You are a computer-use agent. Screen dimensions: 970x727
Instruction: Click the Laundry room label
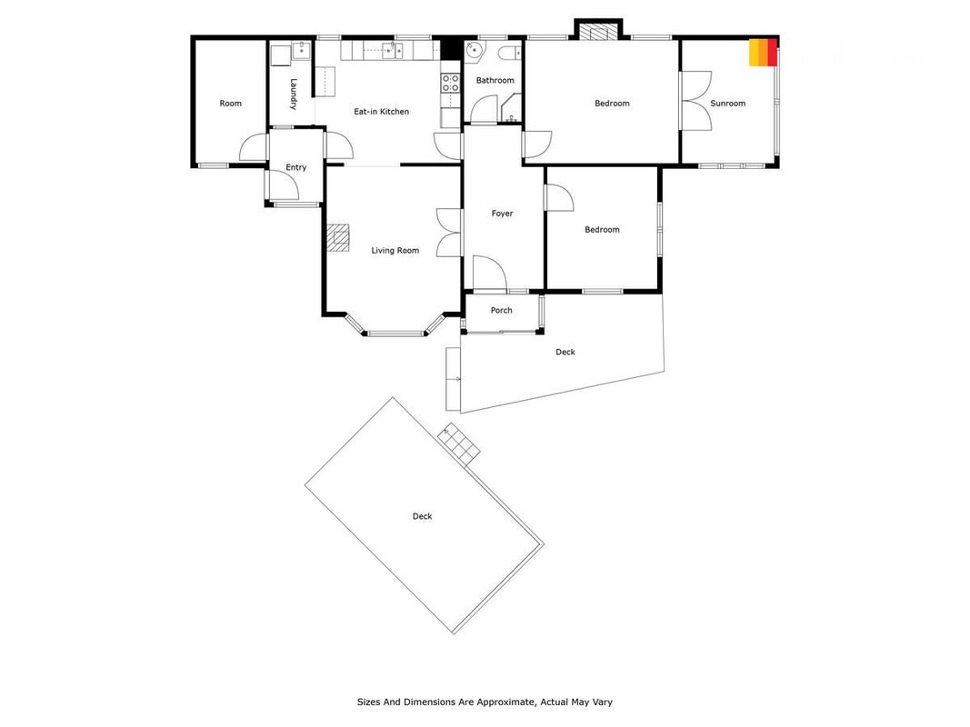tap(294, 94)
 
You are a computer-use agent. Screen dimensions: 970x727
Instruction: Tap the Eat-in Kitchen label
tap(381, 111)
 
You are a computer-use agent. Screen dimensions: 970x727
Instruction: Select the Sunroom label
tap(727, 104)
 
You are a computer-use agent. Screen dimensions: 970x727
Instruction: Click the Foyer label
tap(503, 214)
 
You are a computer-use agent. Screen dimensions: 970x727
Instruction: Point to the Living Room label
tap(395, 251)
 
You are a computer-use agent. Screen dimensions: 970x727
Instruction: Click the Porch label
tap(501, 310)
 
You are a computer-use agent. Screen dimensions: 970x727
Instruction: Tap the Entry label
tap(295, 167)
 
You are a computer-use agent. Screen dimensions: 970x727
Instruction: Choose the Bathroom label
tap(495, 80)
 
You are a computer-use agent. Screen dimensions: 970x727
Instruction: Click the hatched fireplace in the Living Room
tap(338, 238)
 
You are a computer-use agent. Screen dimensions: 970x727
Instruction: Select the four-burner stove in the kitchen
tap(450, 83)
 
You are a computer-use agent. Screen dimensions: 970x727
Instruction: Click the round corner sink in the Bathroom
tap(474, 50)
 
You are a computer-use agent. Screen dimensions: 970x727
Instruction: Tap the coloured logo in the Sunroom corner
tap(763, 52)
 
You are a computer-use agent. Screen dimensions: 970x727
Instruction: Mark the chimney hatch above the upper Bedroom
tap(597, 32)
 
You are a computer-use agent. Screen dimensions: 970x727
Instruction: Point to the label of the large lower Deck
tap(423, 516)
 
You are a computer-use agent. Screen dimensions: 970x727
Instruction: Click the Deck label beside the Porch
tap(565, 352)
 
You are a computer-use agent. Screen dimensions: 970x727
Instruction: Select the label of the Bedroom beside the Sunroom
tap(612, 104)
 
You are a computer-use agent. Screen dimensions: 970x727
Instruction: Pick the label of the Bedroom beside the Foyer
tap(602, 229)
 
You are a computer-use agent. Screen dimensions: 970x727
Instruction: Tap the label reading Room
tap(230, 104)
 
